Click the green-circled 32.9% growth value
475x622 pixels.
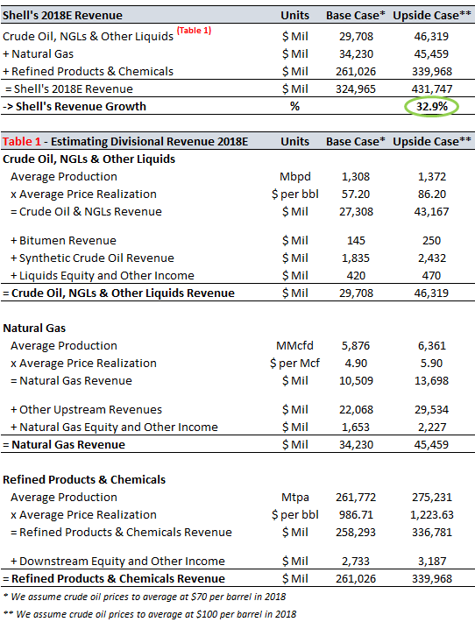click(431, 106)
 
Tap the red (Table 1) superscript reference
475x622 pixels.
click(194, 31)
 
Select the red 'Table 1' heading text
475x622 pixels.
click(22, 142)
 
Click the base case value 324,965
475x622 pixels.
click(356, 88)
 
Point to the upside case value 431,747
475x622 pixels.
click(432, 88)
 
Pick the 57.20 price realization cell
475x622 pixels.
click(356, 194)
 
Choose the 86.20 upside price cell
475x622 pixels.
click(432, 194)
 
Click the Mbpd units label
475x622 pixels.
click(294, 176)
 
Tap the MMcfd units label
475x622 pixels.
click(294, 345)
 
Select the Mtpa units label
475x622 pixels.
click(294, 497)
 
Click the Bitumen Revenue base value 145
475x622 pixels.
click(356, 240)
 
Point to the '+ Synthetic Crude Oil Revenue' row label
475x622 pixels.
click(92, 258)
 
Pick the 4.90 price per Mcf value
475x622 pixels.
click(356, 363)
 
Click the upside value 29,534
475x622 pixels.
click(432, 409)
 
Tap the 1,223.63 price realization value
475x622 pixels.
click(432, 514)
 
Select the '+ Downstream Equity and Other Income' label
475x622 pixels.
click(117, 562)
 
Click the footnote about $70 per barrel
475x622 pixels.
click(145, 597)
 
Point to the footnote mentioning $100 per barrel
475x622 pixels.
click(150, 614)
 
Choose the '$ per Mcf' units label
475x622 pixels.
click(294, 363)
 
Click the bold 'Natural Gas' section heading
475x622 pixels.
click(34, 328)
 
